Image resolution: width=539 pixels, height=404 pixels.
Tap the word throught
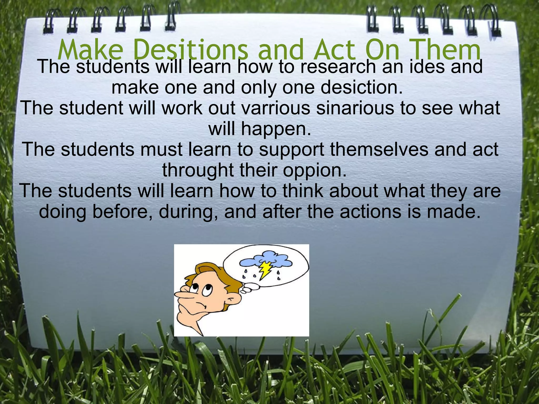click(198, 170)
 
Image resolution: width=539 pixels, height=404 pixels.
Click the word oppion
click(315, 170)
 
